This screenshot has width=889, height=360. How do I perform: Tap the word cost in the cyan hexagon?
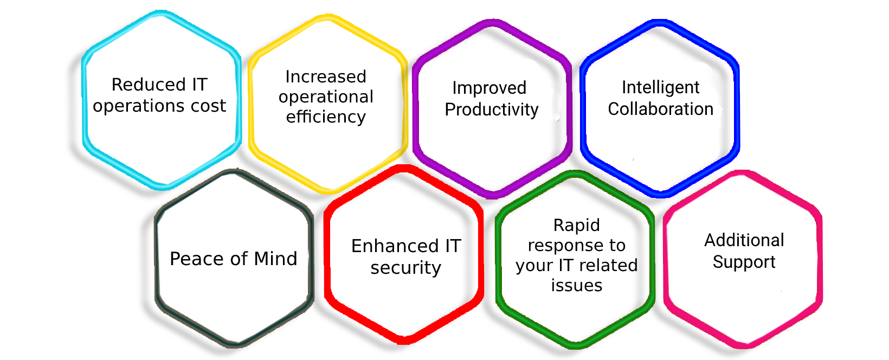pyautogui.click(x=208, y=106)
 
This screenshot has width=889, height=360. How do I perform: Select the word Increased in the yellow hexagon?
pyautogui.click(x=326, y=77)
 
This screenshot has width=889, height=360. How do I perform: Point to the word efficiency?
pyautogui.click(x=326, y=117)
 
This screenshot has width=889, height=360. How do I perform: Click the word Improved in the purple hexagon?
pyautogui.click(x=489, y=88)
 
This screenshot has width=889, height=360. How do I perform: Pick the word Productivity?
pyautogui.click(x=492, y=110)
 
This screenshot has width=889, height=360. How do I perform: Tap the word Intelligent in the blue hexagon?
pyautogui.click(x=660, y=88)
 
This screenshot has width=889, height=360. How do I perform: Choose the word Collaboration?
pyautogui.click(x=660, y=109)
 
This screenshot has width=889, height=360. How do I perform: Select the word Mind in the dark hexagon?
pyautogui.click(x=275, y=259)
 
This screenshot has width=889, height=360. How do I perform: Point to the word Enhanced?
pyautogui.click(x=395, y=246)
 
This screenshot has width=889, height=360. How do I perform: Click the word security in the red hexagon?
pyautogui.click(x=405, y=268)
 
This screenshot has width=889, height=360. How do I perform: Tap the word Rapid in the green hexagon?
pyautogui.click(x=576, y=226)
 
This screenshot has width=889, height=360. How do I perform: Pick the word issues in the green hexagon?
pyautogui.click(x=576, y=285)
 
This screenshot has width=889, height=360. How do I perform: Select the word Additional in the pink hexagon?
pyautogui.click(x=744, y=240)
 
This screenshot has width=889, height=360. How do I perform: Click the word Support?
pyautogui.click(x=744, y=262)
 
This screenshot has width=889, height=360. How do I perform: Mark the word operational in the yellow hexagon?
pyautogui.click(x=326, y=98)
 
